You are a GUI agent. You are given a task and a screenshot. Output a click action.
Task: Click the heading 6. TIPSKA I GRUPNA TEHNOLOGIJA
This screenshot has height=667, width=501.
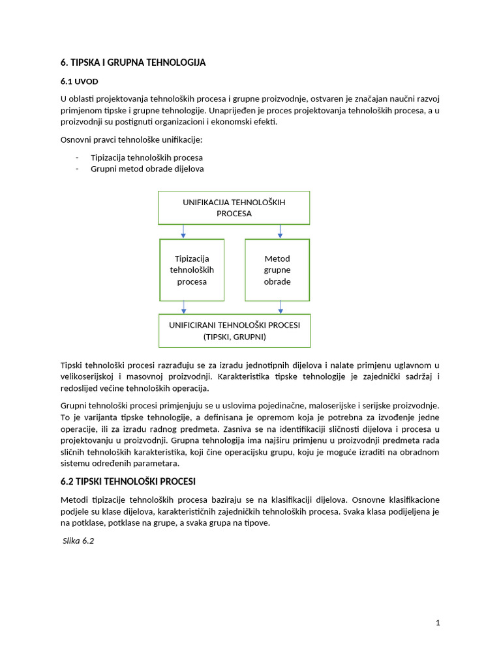(133, 63)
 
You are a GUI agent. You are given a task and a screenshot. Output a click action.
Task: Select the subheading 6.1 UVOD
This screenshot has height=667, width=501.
(80, 83)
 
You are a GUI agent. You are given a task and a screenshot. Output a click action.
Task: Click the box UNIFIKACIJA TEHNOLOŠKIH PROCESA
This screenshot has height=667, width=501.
(234, 207)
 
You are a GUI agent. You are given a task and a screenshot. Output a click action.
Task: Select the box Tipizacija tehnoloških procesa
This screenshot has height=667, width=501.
(192, 270)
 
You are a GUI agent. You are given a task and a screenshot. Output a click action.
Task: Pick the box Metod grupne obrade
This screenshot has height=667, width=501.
(277, 270)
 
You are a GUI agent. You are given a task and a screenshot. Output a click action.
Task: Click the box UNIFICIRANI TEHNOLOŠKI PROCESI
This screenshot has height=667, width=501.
(234, 330)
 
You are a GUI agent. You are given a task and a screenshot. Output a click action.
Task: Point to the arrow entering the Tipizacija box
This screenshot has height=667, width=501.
(184, 231)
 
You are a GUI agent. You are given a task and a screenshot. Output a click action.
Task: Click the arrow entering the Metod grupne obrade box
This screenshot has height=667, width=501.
(281, 231)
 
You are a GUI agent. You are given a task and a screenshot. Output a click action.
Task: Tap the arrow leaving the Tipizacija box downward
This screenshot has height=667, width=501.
(184, 307)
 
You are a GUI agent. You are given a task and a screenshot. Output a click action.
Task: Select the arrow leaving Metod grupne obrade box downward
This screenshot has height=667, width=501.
(281, 307)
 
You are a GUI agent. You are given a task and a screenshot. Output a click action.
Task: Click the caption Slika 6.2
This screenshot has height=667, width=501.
(79, 541)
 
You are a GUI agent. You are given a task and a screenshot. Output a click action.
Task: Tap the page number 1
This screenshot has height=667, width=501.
(438, 623)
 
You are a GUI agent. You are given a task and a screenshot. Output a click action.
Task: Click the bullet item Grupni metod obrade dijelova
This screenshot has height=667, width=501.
(147, 169)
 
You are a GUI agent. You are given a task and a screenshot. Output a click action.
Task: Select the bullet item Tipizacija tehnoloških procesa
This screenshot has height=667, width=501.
(146, 158)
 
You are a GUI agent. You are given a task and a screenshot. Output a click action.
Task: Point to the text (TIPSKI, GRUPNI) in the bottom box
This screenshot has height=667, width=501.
(234, 337)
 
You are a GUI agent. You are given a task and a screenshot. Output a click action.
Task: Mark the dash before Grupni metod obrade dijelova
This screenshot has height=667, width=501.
(77, 169)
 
